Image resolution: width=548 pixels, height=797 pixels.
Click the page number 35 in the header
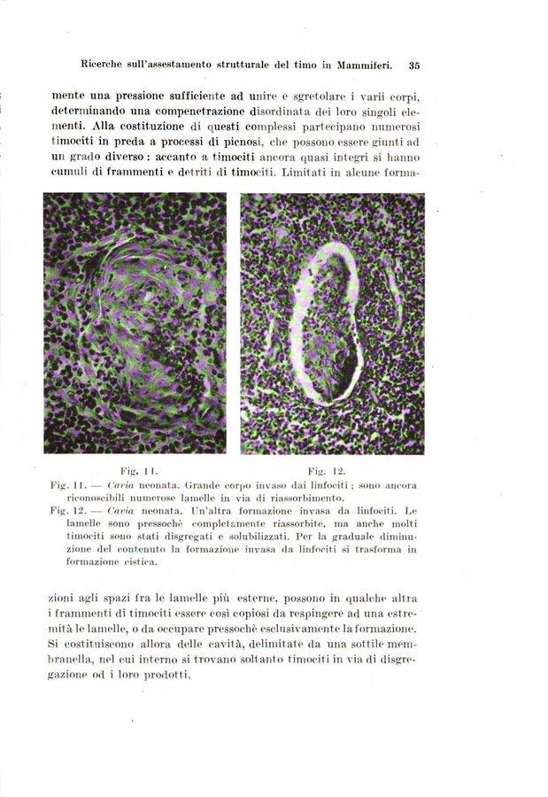[413, 65]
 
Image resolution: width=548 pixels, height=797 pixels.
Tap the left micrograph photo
[134, 322]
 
